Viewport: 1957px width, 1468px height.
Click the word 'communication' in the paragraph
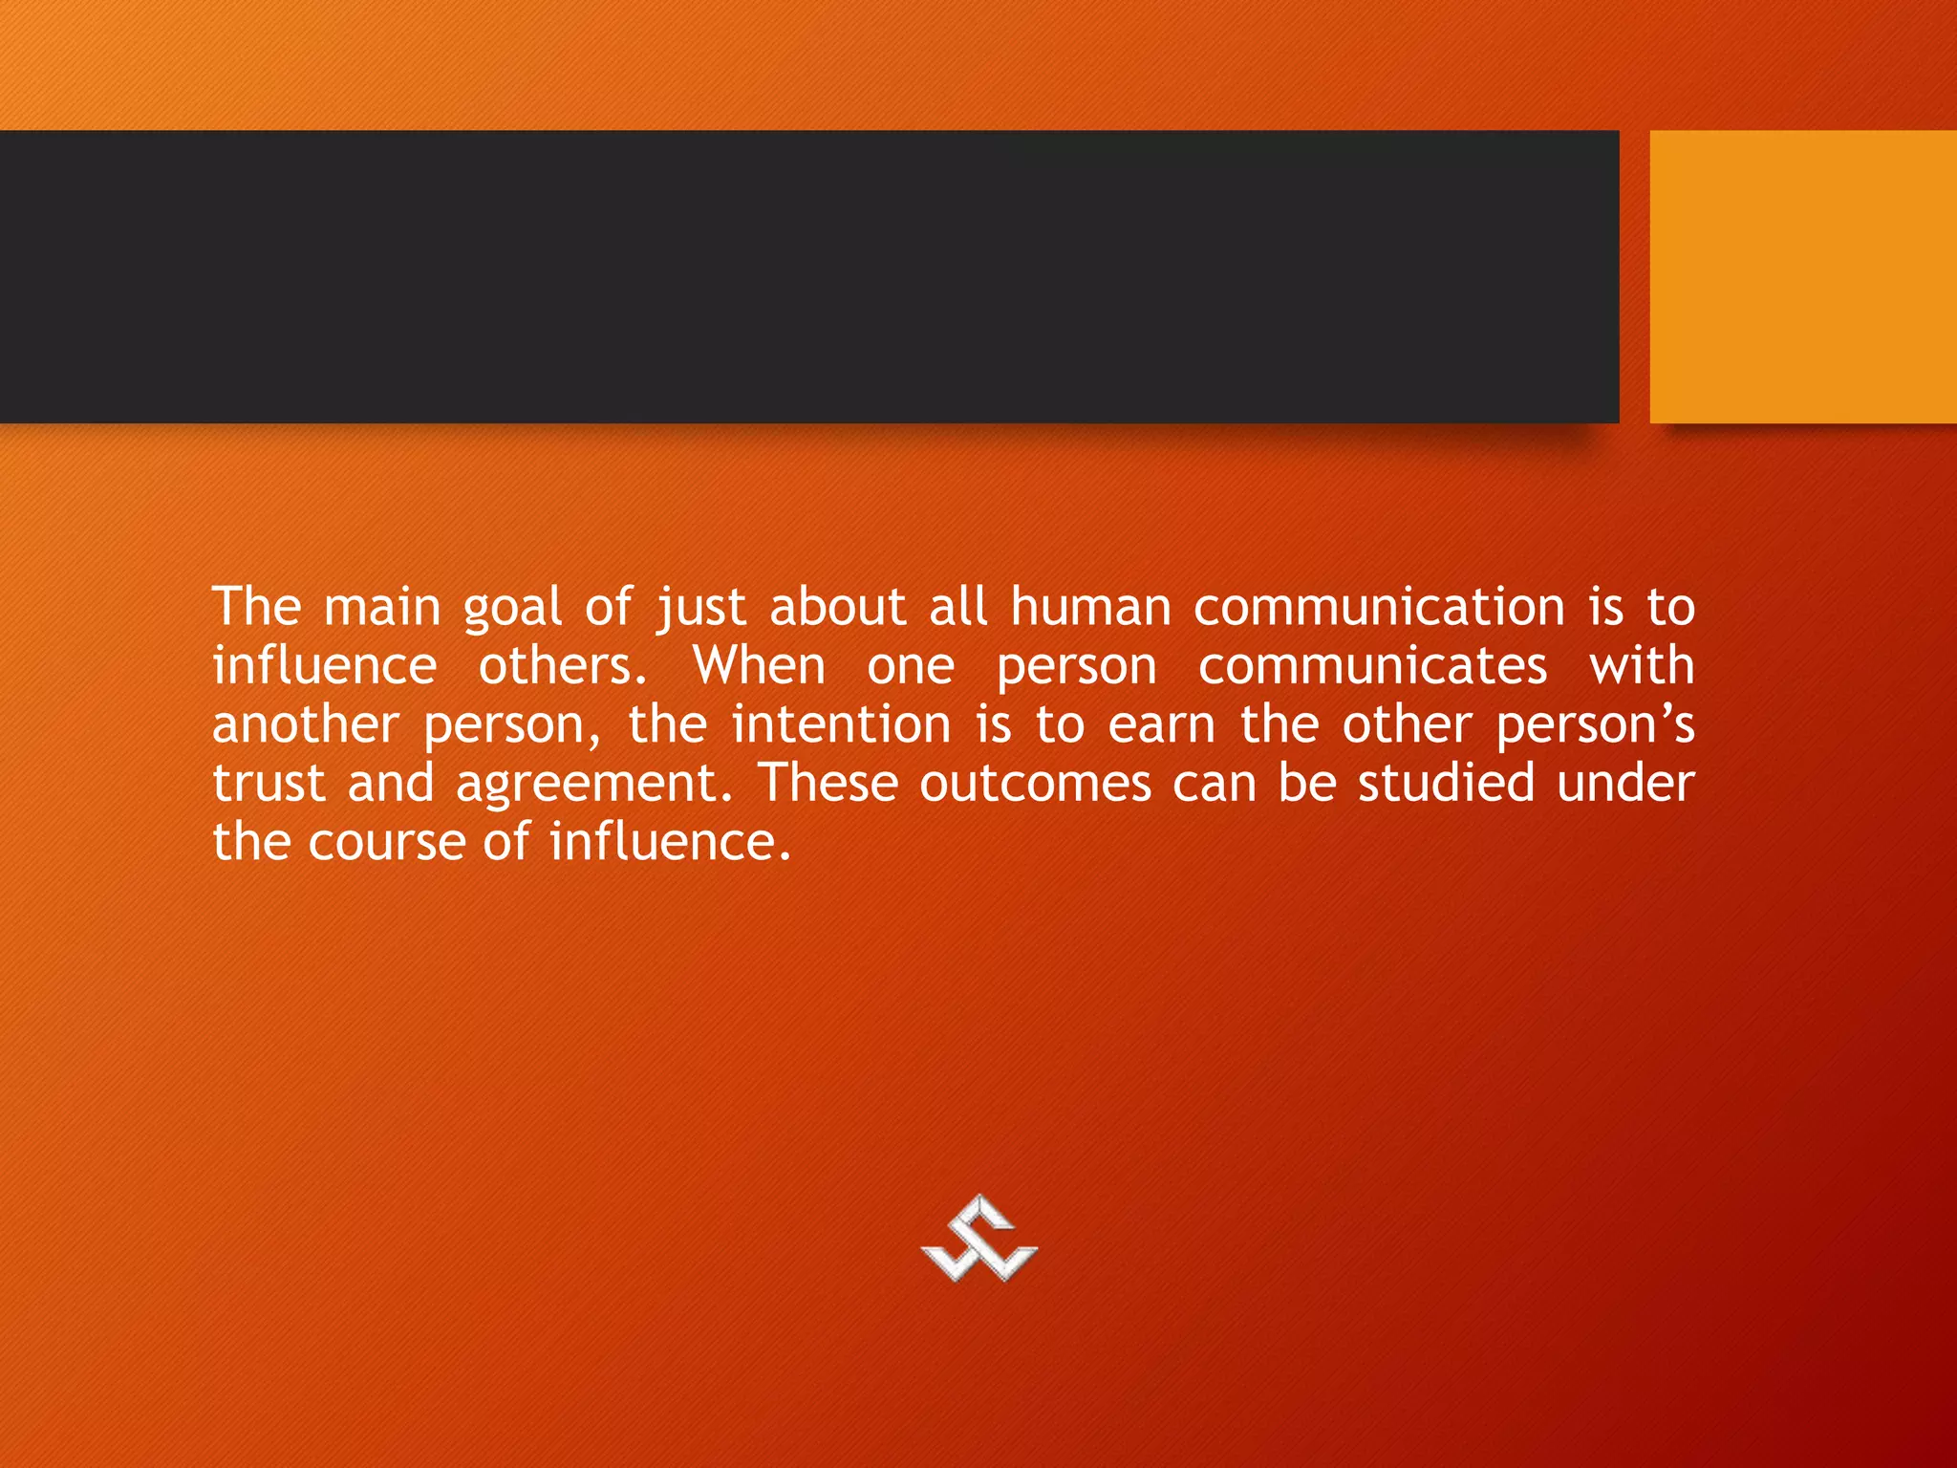point(1379,608)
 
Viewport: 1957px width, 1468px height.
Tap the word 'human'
point(1090,608)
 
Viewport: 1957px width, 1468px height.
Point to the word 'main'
point(382,608)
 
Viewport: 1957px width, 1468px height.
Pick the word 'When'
point(759,666)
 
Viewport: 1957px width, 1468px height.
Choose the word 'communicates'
point(1372,666)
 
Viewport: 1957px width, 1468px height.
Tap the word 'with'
point(1642,666)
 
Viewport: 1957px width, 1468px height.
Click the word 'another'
point(305,725)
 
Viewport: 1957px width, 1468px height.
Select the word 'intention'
point(841,725)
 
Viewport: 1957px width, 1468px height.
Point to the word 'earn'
point(1161,726)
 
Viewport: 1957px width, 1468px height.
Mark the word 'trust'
point(269,785)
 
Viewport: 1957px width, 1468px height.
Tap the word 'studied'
point(1446,784)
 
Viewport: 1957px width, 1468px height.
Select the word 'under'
point(1625,784)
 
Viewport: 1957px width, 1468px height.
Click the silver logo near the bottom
point(978,1240)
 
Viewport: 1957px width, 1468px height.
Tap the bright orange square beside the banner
point(1803,276)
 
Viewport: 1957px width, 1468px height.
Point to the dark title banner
point(808,276)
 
